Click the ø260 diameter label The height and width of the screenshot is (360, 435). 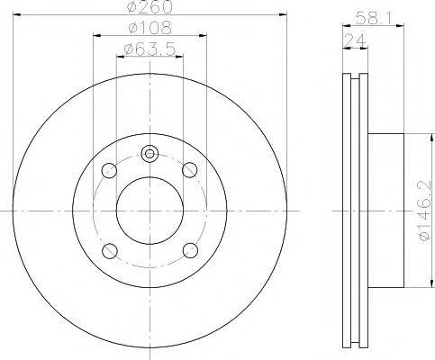click(x=150, y=9)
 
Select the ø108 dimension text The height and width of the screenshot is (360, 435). click(x=150, y=29)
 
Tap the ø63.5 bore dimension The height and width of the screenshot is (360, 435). click(x=150, y=48)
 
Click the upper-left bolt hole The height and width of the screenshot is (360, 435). click(x=109, y=169)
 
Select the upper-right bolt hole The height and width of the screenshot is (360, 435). click(x=190, y=169)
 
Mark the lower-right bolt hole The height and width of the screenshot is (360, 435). click(x=190, y=250)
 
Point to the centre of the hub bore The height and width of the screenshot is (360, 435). click(x=150, y=210)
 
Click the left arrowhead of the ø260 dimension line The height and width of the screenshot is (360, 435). click(x=20, y=18)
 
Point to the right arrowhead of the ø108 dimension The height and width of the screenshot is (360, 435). click(x=206, y=37)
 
